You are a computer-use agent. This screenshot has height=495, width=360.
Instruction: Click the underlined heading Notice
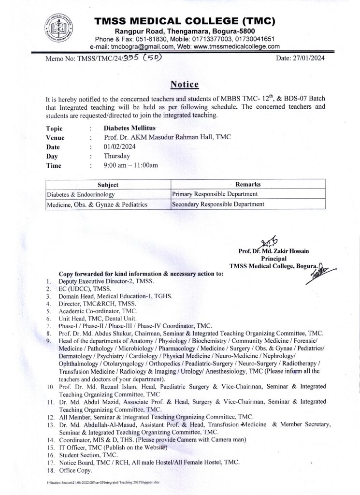point(185,85)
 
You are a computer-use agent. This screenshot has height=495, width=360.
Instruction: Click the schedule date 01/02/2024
point(120,147)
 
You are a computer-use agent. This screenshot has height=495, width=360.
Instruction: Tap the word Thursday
point(117,156)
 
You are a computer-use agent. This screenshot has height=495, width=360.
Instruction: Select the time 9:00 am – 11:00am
point(131,165)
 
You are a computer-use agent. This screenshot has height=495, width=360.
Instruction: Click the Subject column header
point(108,185)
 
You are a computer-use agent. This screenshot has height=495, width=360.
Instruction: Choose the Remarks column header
point(247,185)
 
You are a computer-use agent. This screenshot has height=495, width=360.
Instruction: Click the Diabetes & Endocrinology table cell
point(81,194)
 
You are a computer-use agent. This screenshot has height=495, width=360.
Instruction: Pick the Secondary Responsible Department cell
point(218,204)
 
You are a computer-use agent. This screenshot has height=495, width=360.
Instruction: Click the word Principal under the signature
point(274,259)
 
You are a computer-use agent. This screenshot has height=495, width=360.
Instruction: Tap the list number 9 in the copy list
point(48,341)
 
